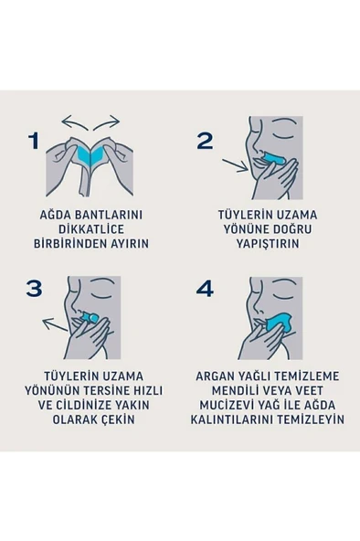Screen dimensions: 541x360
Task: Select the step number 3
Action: coord(35,289)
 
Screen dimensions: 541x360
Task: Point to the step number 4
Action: coord(206,289)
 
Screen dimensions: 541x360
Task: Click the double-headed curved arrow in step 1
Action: coord(90,122)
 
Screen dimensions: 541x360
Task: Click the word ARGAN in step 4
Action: coord(221,376)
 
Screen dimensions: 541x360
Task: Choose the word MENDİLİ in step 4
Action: coord(228,390)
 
